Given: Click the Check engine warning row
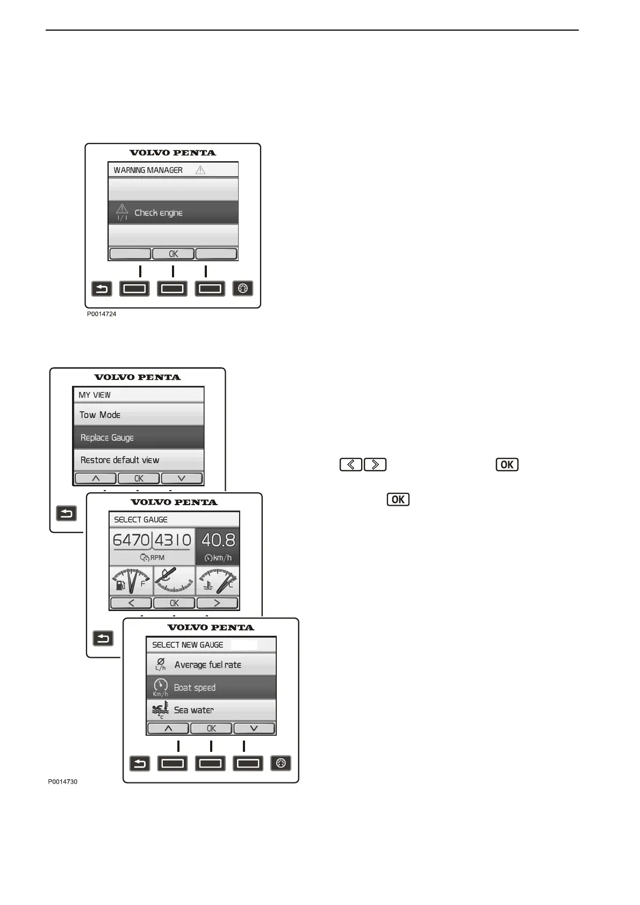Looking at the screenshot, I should coord(172,213).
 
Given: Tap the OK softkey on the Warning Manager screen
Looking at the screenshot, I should coord(173,254).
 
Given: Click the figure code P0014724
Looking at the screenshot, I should coord(102,314).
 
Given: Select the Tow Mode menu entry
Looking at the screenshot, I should coord(138,415).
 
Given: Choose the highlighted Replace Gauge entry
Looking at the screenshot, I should coord(138,437).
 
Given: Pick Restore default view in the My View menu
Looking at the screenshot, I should coord(138,460).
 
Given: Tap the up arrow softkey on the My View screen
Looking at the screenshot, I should coord(96,478).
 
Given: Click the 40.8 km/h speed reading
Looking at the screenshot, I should coord(218,545).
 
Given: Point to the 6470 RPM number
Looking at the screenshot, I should coord(131,540).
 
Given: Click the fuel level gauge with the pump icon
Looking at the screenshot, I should coord(131,581).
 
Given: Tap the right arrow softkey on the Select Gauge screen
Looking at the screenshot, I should coord(217,603).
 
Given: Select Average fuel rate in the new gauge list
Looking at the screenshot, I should coord(211,665).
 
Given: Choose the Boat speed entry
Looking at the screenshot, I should coord(211,687).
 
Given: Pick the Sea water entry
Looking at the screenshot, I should coord(211,710).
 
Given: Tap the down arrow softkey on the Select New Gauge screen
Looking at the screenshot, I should coord(254,728).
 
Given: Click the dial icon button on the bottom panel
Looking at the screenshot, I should coord(281,763).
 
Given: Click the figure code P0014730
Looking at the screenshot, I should coord(62,781).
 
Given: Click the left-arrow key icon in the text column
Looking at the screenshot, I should coord(351,464).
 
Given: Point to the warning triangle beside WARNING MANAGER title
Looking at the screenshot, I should coord(200,170).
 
